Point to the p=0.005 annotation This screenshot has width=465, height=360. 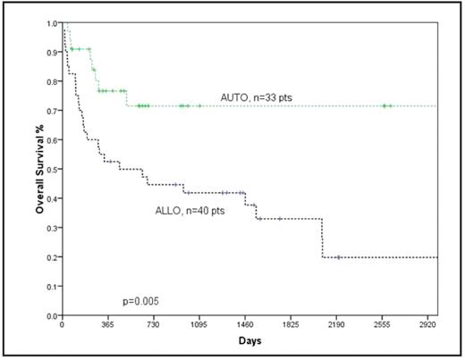coord(142,292)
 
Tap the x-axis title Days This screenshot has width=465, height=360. coord(249,342)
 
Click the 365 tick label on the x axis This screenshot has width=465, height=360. coord(107,326)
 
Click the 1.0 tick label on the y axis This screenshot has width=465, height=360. coord(51,22)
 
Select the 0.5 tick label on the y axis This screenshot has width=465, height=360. coord(51,169)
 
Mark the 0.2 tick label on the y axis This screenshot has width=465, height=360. coord(51,257)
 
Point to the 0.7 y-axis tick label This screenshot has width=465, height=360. coord(51,111)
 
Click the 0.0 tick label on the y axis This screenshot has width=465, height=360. coord(51,315)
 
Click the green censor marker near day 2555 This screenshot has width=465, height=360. coord(385,105)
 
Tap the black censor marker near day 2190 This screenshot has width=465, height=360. coord(337,257)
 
